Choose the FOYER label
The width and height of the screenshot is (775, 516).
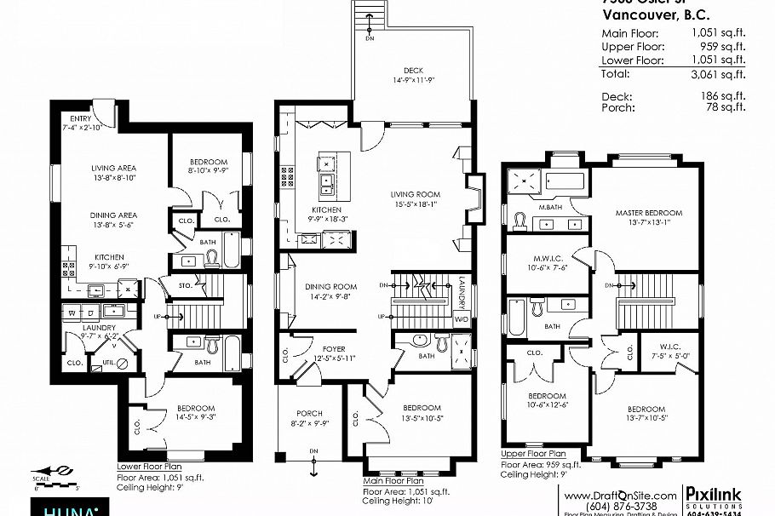tap(333, 347)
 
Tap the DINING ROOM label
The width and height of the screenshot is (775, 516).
tap(331, 287)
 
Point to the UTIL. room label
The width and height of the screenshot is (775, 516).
tap(109, 362)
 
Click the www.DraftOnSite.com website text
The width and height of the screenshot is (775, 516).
tap(621, 495)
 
